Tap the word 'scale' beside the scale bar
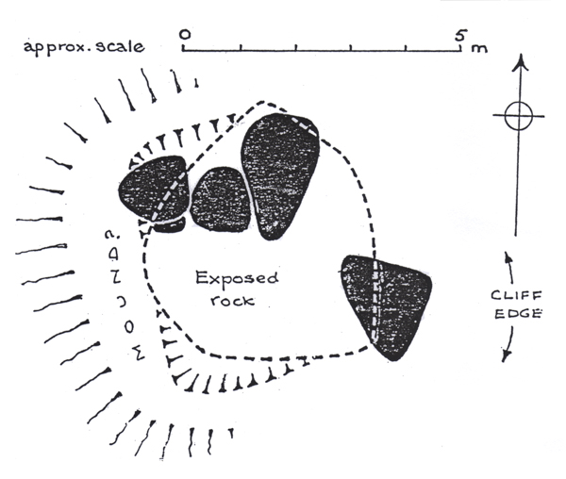pos(120,46)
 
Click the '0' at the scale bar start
pos(185,34)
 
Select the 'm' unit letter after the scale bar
pos(479,48)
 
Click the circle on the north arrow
pos(518,116)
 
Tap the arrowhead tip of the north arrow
pos(521,55)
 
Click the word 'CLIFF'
pos(516,295)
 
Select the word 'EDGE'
pos(518,313)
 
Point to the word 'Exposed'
pos(237,279)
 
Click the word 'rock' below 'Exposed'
pos(233,300)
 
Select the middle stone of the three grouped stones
pos(220,200)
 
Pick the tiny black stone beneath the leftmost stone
pos(170,224)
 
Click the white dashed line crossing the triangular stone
pos(375,301)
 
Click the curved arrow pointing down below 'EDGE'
pos(509,343)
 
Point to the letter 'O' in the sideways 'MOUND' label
pos(129,327)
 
